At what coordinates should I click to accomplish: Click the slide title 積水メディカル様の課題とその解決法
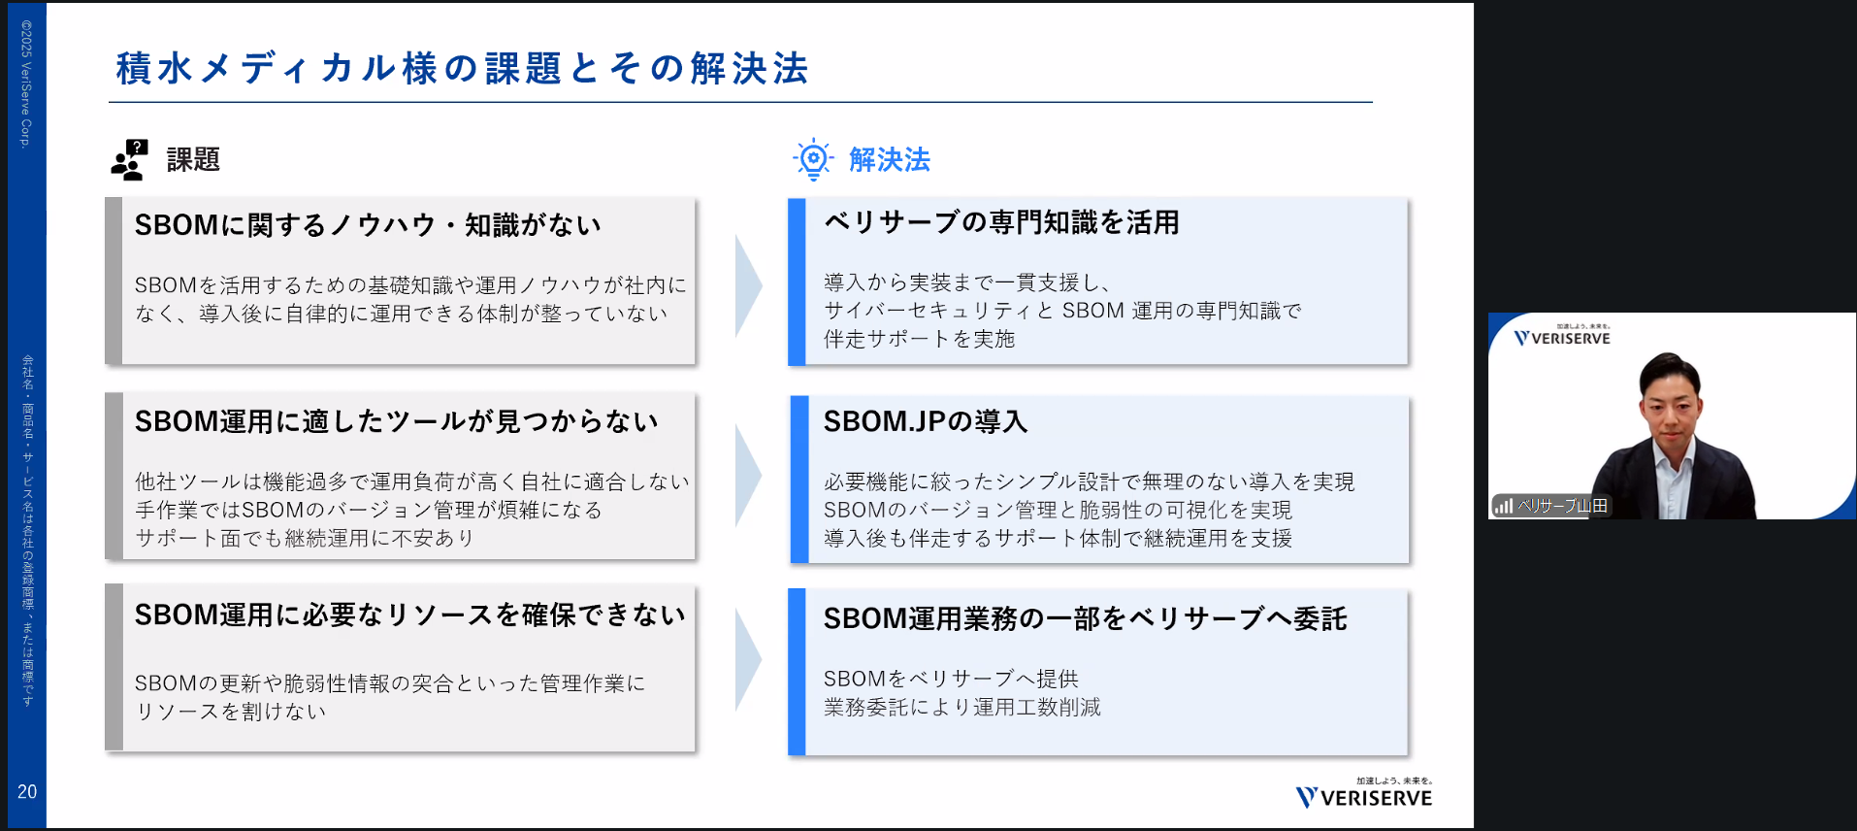click(462, 69)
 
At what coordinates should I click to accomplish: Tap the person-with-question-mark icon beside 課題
click(129, 159)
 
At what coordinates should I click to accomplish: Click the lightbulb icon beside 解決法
click(813, 159)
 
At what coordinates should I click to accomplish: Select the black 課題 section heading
click(193, 159)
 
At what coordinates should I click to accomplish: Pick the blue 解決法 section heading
click(889, 159)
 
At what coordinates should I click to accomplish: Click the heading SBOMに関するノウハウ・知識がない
click(368, 225)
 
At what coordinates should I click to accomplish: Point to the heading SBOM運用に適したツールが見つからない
click(396, 421)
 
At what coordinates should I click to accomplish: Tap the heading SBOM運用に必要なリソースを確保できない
click(409, 615)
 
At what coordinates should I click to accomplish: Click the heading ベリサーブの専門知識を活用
click(1000, 222)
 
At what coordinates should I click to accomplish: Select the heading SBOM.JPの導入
click(925, 421)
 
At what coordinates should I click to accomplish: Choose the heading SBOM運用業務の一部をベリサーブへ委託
click(1085, 618)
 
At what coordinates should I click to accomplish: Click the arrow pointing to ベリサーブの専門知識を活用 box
click(747, 285)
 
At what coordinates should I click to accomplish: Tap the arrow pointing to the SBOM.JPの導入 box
click(747, 476)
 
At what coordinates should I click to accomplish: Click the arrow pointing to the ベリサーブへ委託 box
click(747, 660)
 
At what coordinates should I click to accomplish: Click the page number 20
click(27, 792)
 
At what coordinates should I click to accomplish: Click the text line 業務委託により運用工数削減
click(961, 708)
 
